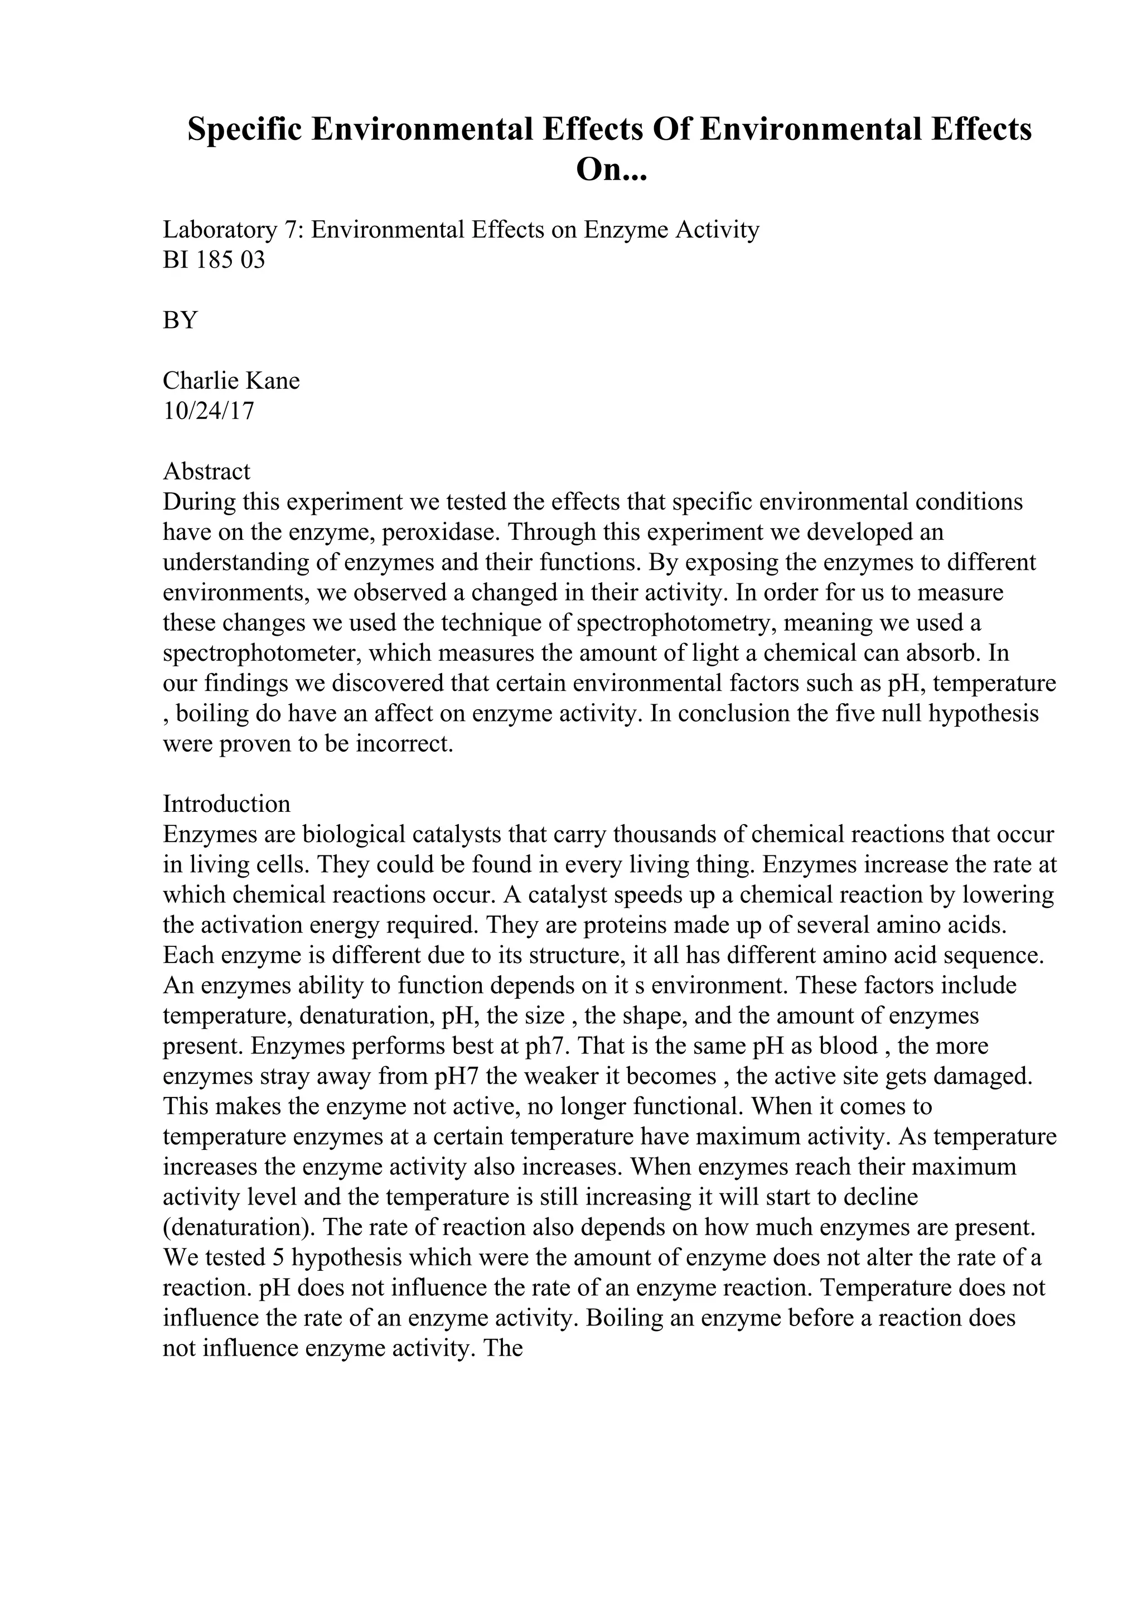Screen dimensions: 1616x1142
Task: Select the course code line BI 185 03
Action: [x=214, y=260]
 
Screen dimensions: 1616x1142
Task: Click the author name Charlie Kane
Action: [x=231, y=381]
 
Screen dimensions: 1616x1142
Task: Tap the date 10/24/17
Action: [x=209, y=411]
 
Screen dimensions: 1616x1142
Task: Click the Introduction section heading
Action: [x=226, y=804]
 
